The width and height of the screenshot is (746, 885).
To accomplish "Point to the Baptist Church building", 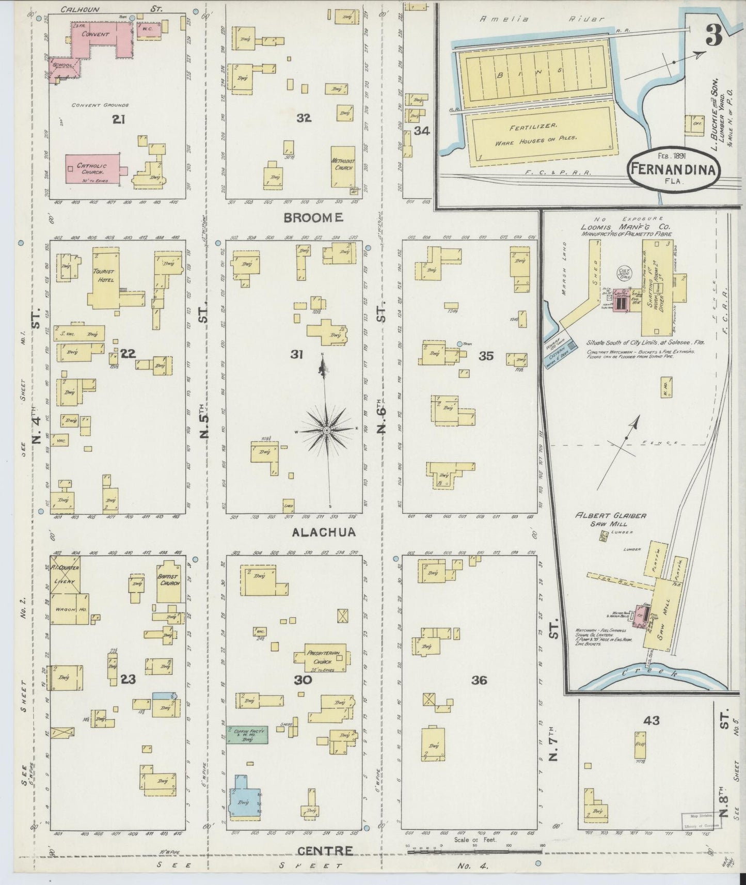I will click(169, 581).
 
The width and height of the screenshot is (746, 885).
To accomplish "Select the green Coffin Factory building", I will click(248, 735).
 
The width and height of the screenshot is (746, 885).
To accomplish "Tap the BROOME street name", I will click(313, 218).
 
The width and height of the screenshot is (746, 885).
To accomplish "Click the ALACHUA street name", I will click(324, 532).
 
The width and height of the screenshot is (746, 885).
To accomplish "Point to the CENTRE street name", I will click(325, 850).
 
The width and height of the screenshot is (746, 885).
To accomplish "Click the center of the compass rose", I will click(327, 430).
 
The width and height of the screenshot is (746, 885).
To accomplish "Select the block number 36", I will click(479, 681).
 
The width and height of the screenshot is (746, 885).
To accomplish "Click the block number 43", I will click(651, 720).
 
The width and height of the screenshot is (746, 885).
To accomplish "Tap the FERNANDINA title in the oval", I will click(671, 170).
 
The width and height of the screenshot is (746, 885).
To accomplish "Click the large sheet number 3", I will click(713, 37).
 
